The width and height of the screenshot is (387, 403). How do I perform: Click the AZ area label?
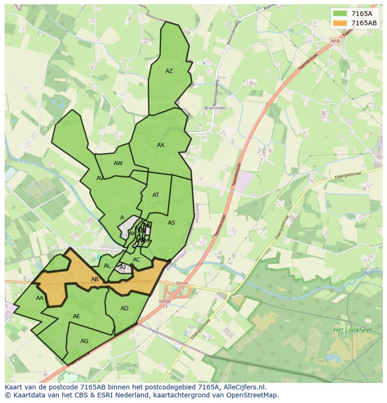point(169,71)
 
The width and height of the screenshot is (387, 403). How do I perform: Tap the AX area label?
point(161,145)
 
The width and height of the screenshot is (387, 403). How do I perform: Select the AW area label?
point(118,163)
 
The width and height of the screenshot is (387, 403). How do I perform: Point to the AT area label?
point(156,195)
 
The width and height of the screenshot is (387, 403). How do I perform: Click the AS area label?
point(172,223)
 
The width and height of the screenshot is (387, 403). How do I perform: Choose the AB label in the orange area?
point(95,279)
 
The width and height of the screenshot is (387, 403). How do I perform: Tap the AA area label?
point(40,298)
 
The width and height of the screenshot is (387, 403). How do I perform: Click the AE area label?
point(77,316)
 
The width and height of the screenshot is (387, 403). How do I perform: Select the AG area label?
point(84,341)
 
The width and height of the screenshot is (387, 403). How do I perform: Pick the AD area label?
point(124,308)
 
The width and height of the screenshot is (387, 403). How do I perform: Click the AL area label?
point(107,266)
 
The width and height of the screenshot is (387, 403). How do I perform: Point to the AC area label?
point(136,260)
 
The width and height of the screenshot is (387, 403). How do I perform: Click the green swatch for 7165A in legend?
point(340,14)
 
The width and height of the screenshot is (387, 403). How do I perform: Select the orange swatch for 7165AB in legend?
point(340,23)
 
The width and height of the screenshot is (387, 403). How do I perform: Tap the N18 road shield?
point(336,41)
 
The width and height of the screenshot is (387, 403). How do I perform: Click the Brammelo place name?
point(215,108)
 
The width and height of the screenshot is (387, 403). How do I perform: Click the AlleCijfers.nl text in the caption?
point(244,387)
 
